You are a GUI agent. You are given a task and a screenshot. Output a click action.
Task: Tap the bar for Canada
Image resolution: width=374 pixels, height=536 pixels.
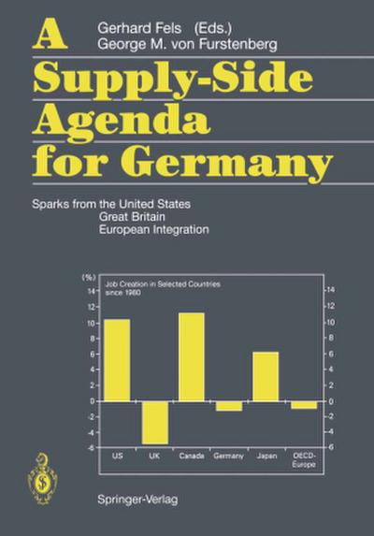click(191, 356)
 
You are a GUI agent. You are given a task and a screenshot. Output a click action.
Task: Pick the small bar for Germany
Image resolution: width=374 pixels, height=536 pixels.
click(228, 405)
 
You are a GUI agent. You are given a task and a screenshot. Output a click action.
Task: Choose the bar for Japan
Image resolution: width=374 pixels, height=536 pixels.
click(266, 376)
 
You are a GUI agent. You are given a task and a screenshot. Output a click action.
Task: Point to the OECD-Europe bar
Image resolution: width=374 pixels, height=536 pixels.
click(303, 404)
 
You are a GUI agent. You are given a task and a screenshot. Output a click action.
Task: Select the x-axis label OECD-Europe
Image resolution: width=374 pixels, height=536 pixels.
click(304, 458)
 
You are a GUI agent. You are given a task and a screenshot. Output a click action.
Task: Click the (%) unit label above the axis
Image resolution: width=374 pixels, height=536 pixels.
click(90, 278)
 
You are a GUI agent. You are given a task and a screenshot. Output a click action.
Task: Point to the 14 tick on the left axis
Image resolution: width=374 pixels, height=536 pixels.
click(92, 291)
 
